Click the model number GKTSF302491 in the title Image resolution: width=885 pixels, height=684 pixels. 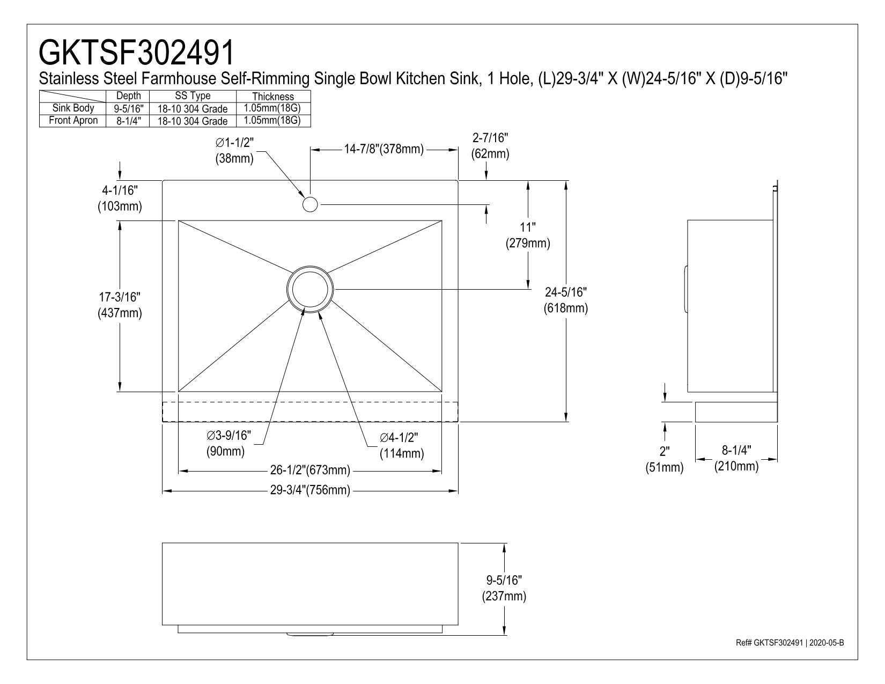pyautogui.click(x=136, y=53)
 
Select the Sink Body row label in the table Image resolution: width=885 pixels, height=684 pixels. pyautogui.click(x=73, y=108)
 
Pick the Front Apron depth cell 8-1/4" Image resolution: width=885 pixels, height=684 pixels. pyautogui.click(x=128, y=121)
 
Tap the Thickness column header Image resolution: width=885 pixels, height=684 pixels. pyautogui.click(x=273, y=97)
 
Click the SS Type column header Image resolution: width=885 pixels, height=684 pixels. pyautogui.click(x=193, y=95)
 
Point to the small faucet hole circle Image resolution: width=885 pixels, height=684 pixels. pyautogui.click(x=311, y=204)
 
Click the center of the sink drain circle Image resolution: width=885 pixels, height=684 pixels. pyautogui.click(x=311, y=289)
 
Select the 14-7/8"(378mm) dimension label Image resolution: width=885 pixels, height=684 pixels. pyautogui.click(x=383, y=149)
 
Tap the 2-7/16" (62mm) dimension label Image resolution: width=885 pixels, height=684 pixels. pyautogui.click(x=490, y=146)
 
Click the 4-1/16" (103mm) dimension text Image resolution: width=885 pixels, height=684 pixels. pyautogui.click(x=120, y=198)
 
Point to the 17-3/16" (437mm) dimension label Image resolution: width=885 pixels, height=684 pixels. pyautogui.click(x=120, y=305)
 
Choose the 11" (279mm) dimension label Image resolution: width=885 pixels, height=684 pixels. pyautogui.click(x=528, y=235)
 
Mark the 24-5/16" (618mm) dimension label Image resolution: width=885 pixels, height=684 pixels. pyautogui.click(x=566, y=300)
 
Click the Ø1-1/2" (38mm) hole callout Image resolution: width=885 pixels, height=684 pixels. pyautogui.click(x=234, y=150)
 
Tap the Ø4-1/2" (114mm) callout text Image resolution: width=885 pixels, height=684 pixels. pyautogui.click(x=401, y=445)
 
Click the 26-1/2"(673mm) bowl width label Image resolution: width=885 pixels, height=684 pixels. pyautogui.click(x=310, y=470)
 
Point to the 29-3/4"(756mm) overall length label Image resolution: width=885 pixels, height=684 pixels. pyautogui.click(x=310, y=490)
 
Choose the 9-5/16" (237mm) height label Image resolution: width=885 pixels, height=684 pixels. pyautogui.click(x=504, y=589)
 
